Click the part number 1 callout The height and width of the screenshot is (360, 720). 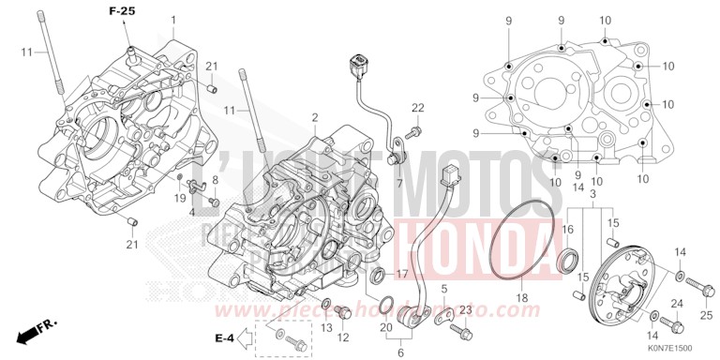click(x=172, y=20)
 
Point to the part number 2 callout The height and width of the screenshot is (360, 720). click(x=316, y=118)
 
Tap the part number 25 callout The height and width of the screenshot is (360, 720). click(x=707, y=313)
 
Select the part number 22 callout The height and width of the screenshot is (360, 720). click(x=417, y=106)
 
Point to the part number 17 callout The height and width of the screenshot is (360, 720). click(x=402, y=274)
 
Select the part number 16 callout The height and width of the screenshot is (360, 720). click(x=567, y=229)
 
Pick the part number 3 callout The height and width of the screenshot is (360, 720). click(x=592, y=193)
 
